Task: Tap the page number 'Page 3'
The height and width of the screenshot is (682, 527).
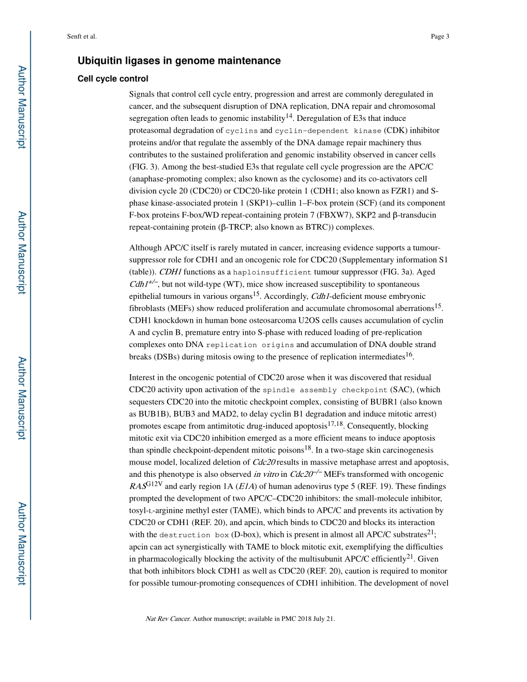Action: [x=439, y=37]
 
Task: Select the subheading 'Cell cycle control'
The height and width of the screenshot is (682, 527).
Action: [x=113, y=79]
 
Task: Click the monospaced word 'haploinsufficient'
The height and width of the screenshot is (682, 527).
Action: [x=272, y=272]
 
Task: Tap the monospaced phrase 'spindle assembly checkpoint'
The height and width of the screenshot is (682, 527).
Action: [x=325, y=390]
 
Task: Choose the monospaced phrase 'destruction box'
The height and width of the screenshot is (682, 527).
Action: [x=194, y=535]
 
